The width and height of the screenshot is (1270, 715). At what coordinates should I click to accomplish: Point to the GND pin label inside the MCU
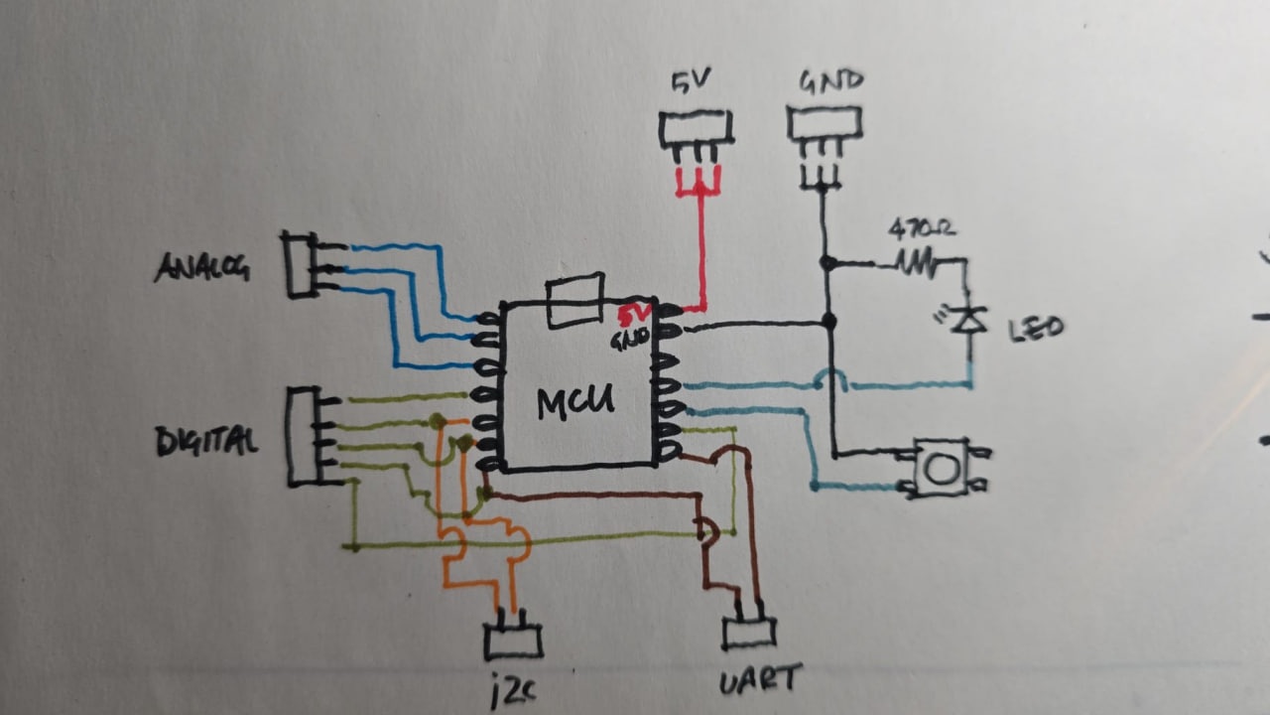pyautogui.click(x=631, y=339)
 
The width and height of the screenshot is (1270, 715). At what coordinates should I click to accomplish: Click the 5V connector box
pyautogui.click(x=696, y=128)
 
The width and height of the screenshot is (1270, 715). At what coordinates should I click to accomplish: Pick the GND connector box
pyautogui.click(x=825, y=123)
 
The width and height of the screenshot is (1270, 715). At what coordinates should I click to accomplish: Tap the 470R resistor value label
pyautogui.click(x=923, y=230)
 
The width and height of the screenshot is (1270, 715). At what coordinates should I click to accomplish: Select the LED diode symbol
pyautogui.click(x=967, y=319)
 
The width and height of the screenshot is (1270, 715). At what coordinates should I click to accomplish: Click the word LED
pyautogui.click(x=1035, y=328)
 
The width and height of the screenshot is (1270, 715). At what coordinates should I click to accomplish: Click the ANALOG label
pyautogui.click(x=201, y=267)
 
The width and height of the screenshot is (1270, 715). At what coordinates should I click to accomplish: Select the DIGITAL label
pyautogui.click(x=206, y=440)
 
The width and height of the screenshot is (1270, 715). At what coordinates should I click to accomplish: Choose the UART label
pyautogui.click(x=759, y=679)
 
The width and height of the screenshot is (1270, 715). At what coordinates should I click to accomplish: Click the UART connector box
pyautogui.click(x=749, y=633)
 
